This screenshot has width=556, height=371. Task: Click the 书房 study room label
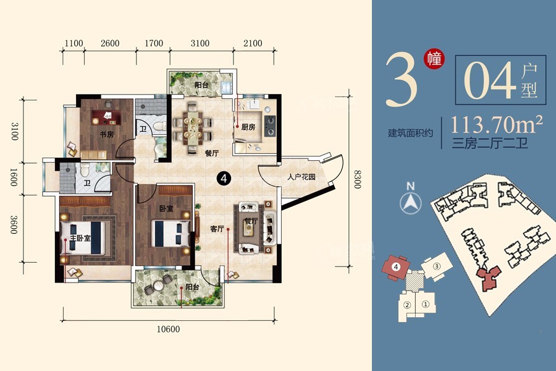coord(106,135)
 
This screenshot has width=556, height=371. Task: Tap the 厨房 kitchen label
coord(248,127)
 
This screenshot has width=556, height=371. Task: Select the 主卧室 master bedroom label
coord(80,237)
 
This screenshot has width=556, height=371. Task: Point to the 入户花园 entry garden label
coord(301,177)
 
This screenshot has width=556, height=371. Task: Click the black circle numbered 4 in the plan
coord(224,178)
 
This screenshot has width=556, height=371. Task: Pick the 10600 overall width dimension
coord(168,329)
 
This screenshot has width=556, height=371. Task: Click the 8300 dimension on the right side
coord(358,179)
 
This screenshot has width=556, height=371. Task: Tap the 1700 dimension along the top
coord(154,43)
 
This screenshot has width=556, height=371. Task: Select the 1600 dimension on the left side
coord(14,177)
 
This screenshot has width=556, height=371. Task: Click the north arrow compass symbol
coord(411,200)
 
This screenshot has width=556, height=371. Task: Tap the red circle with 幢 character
coord(434,58)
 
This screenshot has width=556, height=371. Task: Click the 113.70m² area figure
coord(497,124)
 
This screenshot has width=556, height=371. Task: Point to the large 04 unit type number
coord(490,80)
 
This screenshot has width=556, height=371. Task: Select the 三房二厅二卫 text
coord(490,143)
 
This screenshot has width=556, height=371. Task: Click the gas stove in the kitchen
coord(270,126)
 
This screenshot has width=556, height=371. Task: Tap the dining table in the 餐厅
coord(193,128)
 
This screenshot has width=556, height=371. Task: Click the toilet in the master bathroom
coord(85,170)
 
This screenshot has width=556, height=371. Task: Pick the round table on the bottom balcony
coord(158,285)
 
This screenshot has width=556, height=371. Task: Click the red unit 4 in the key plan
coord(396,267)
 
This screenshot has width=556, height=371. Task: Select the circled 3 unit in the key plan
coord(437,267)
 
